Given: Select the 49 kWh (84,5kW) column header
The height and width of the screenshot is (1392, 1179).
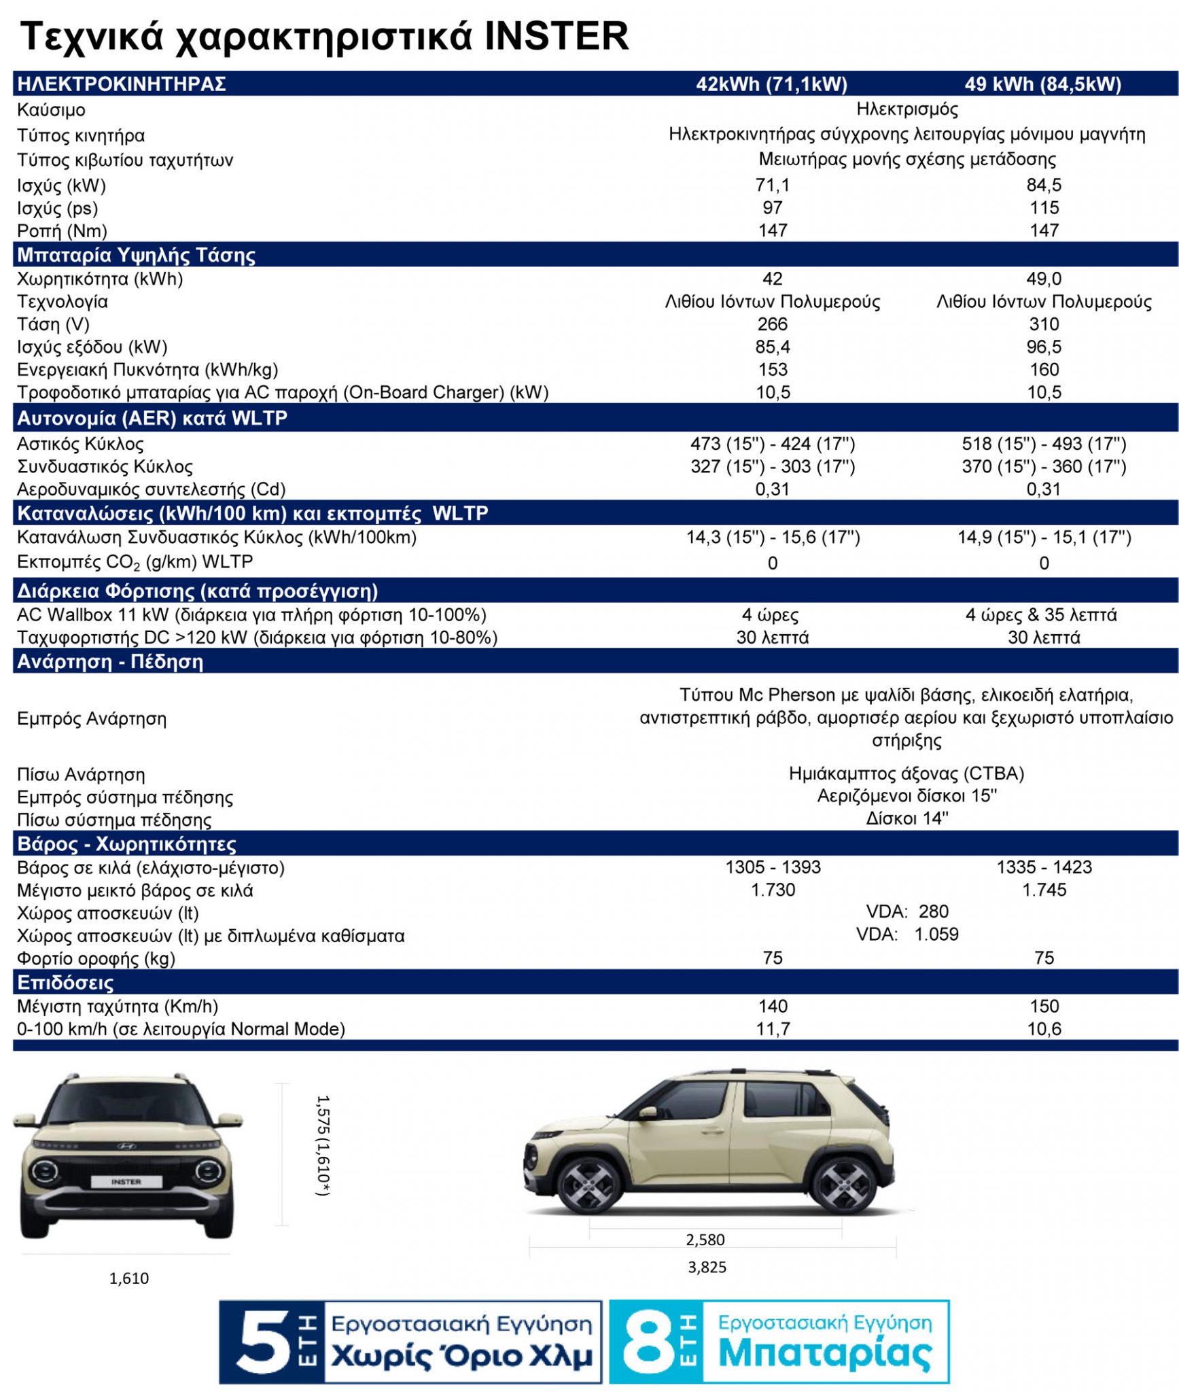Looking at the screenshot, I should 1042,84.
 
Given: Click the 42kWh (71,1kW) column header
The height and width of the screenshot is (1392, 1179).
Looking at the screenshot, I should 771,84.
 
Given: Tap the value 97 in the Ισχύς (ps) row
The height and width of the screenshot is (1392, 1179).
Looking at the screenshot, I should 773,208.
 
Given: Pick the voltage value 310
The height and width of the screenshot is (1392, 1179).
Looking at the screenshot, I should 1044,324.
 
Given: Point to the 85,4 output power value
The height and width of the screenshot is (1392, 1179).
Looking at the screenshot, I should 773,347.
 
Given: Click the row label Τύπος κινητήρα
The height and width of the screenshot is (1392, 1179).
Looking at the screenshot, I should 81,135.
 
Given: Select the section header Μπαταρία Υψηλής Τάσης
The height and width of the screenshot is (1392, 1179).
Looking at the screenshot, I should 136,256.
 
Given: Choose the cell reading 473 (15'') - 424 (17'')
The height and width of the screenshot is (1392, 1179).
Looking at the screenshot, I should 773,444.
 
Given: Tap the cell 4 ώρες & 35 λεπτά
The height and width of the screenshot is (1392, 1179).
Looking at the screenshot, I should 1041,615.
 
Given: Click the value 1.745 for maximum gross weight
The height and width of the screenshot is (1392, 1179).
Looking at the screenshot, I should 1044,890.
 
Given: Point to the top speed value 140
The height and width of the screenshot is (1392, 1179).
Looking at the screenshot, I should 773,1006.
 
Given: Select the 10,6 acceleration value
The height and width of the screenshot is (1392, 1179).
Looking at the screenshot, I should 1044,1029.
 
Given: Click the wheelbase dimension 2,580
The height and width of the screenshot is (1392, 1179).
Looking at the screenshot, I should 705,1240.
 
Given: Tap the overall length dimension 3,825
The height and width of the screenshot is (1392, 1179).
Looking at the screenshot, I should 707,1267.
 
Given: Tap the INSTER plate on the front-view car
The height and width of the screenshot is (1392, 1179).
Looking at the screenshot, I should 126,1182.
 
